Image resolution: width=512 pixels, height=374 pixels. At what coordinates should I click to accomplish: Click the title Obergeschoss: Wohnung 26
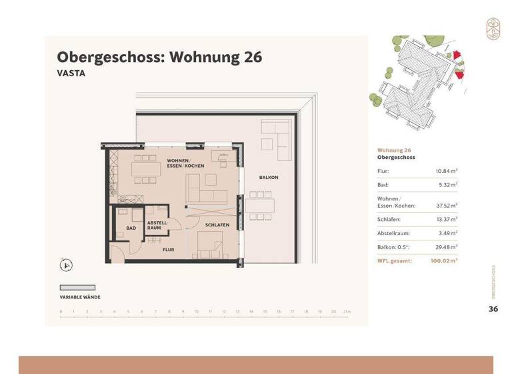pyautogui.click(x=159, y=57)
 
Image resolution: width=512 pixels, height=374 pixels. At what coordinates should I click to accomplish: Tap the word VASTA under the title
pyautogui.click(x=71, y=74)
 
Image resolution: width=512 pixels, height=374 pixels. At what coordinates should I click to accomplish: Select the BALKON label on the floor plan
pyautogui.click(x=269, y=177)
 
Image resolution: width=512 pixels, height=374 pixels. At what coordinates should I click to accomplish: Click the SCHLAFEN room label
pyautogui.click(x=217, y=225)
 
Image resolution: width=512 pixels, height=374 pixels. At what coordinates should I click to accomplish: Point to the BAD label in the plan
pyautogui.click(x=131, y=228)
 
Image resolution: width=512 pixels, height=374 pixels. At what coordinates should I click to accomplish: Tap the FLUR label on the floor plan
pyautogui.click(x=169, y=249)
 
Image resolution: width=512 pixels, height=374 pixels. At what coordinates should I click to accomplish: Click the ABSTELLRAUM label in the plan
pyautogui.click(x=157, y=225)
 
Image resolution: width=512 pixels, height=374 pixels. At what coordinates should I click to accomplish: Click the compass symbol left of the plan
pyautogui.click(x=66, y=265)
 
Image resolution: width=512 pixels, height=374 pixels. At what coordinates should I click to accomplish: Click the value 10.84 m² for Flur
pyautogui.click(x=445, y=171)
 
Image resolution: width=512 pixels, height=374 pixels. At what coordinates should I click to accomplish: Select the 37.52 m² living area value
pyautogui.click(x=445, y=206)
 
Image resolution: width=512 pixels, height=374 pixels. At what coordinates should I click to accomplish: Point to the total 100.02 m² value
pyautogui.click(x=443, y=261)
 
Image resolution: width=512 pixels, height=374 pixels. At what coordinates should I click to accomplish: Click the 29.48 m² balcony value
pyautogui.click(x=445, y=247)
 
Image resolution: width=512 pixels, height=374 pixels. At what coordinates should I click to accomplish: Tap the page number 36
pyautogui.click(x=493, y=309)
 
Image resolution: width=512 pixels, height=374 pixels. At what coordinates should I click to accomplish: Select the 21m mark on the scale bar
pyautogui.click(x=347, y=311)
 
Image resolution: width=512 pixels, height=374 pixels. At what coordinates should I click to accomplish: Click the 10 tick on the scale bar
pyautogui.click(x=197, y=311)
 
